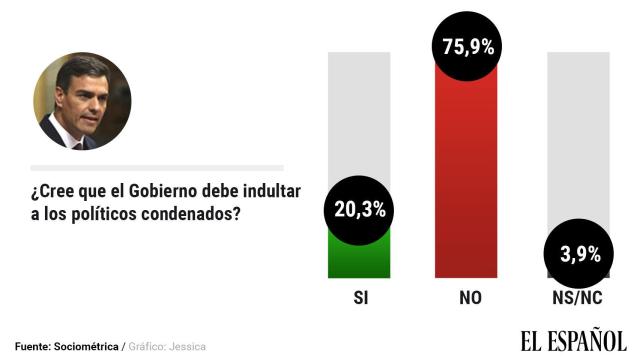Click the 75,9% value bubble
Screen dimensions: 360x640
(x=468, y=47)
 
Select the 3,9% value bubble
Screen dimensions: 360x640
(x=577, y=255)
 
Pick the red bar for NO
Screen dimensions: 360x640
(x=467, y=180)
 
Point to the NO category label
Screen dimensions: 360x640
(x=467, y=298)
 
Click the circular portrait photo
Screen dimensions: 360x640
(x=83, y=102)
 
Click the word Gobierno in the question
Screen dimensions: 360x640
(x=178, y=191)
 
